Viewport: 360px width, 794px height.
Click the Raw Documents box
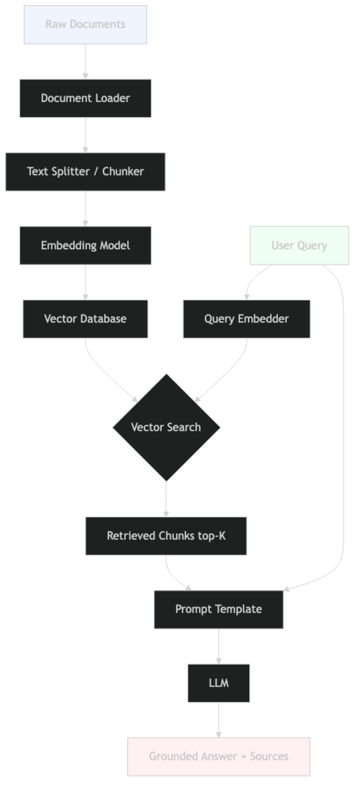86,24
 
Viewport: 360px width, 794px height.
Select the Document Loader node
85,98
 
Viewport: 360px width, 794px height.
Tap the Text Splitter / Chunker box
85,172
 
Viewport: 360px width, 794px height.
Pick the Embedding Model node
85,245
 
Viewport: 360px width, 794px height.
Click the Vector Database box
85,319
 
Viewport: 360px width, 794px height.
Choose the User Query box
299,245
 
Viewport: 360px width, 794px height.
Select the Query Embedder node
246,319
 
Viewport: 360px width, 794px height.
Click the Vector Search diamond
166,427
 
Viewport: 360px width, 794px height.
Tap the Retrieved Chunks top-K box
166,536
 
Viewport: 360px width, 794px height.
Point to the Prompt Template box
218,609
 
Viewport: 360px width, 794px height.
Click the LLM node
218,683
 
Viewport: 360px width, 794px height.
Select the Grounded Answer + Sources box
218,756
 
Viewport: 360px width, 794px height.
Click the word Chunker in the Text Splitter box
123,172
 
